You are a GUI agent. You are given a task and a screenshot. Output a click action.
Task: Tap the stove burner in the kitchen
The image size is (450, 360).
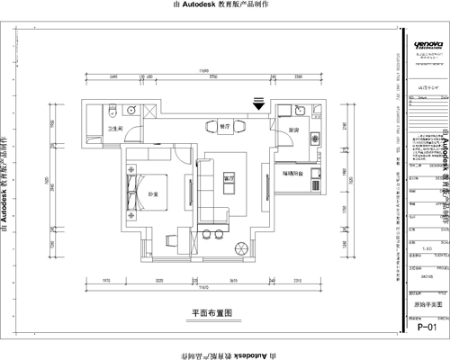(x=315, y=139)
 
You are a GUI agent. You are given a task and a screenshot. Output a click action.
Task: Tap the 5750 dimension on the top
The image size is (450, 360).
(x=211, y=77)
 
